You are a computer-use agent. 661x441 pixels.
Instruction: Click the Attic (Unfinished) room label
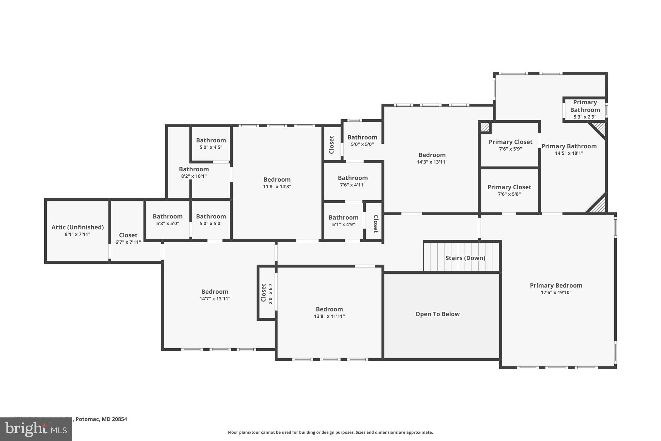click(x=77, y=227)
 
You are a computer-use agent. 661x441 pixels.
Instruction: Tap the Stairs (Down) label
click(x=465, y=258)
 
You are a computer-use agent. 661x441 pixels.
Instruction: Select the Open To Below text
click(x=437, y=314)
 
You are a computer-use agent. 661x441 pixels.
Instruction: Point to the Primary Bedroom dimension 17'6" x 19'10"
click(x=556, y=293)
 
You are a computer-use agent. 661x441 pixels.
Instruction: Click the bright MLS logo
click(x=36, y=429)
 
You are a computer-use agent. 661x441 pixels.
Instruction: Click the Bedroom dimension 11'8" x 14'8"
click(x=277, y=186)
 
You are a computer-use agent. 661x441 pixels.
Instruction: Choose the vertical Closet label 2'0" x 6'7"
click(x=267, y=293)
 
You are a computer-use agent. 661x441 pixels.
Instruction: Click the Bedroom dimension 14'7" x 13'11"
click(x=215, y=299)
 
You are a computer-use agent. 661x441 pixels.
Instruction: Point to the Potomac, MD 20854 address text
click(x=101, y=419)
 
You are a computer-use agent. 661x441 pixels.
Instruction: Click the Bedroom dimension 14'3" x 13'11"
click(x=432, y=162)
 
